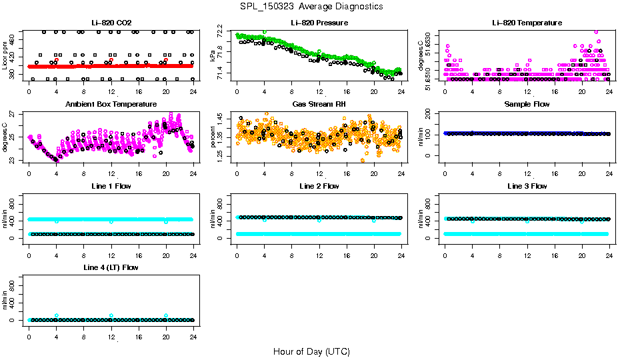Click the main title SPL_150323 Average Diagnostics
[x=311, y=6]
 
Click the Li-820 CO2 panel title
[x=109, y=23]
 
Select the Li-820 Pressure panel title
[x=319, y=23]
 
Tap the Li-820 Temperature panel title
[x=527, y=23]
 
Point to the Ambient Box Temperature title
[x=111, y=104]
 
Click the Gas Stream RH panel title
[x=319, y=104]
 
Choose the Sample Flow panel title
[x=527, y=104]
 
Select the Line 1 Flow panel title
[x=111, y=186]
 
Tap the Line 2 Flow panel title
[x=319, y=186]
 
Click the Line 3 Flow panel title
[x=527, y=186]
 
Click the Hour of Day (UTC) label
[x=311, y=351]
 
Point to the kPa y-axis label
[x=213, y=56]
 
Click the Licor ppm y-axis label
[x=5, y=56]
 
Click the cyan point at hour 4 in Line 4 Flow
[x=57, y=315]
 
